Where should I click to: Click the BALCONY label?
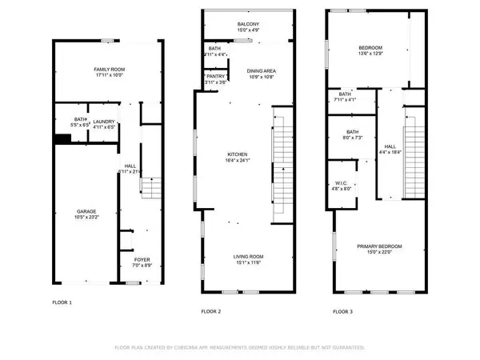tap(248, 46)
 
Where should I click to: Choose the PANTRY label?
tap(215, 76)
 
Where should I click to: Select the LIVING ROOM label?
tap(247, 256)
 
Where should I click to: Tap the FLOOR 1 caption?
tap(62, 302)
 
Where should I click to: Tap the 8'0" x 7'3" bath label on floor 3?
tap(352, 138)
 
